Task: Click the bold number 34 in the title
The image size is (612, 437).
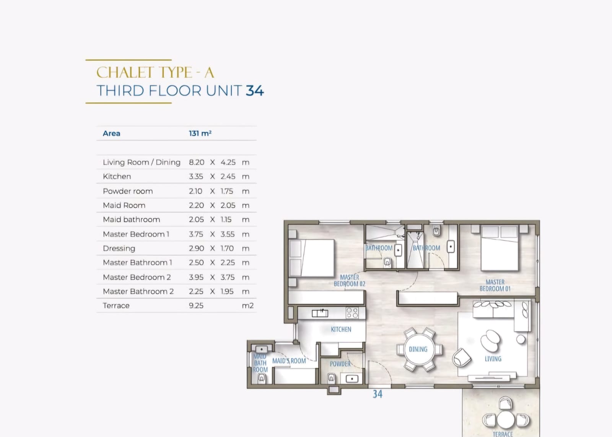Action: click(x=255, y=91)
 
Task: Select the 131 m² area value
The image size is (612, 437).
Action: click(x=200, y=134)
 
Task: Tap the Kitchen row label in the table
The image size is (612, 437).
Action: click(x=117, y=176)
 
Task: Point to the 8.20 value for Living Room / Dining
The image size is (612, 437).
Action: click(x=197, y=162)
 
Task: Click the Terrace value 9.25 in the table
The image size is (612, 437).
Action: click(x=196, y=305)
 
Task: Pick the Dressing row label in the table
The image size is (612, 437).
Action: click(x=119, y=248)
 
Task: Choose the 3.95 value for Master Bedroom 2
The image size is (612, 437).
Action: click(x=196, y=277)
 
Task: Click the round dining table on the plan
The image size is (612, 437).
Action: click(x=419, y=349)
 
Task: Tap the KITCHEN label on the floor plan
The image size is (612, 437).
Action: click(x=341, y=329)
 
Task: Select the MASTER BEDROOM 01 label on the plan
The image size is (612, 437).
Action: click(x=495, y=285)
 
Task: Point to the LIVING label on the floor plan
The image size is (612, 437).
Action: click(x=493, y=359)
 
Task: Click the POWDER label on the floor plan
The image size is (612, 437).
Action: click(x=340, y=364)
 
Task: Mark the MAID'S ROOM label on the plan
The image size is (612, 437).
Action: click(x=289, y=361)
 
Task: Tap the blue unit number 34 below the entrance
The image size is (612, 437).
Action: click(x=378, y=394)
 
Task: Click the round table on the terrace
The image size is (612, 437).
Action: click(x=506, y=420)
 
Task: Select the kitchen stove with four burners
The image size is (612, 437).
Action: click(x=352, y=313)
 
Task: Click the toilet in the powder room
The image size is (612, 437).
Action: click(x=331, y=378)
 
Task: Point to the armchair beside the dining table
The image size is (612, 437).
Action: click(x=461, y=357)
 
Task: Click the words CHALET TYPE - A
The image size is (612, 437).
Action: click(x=155, y=72)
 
